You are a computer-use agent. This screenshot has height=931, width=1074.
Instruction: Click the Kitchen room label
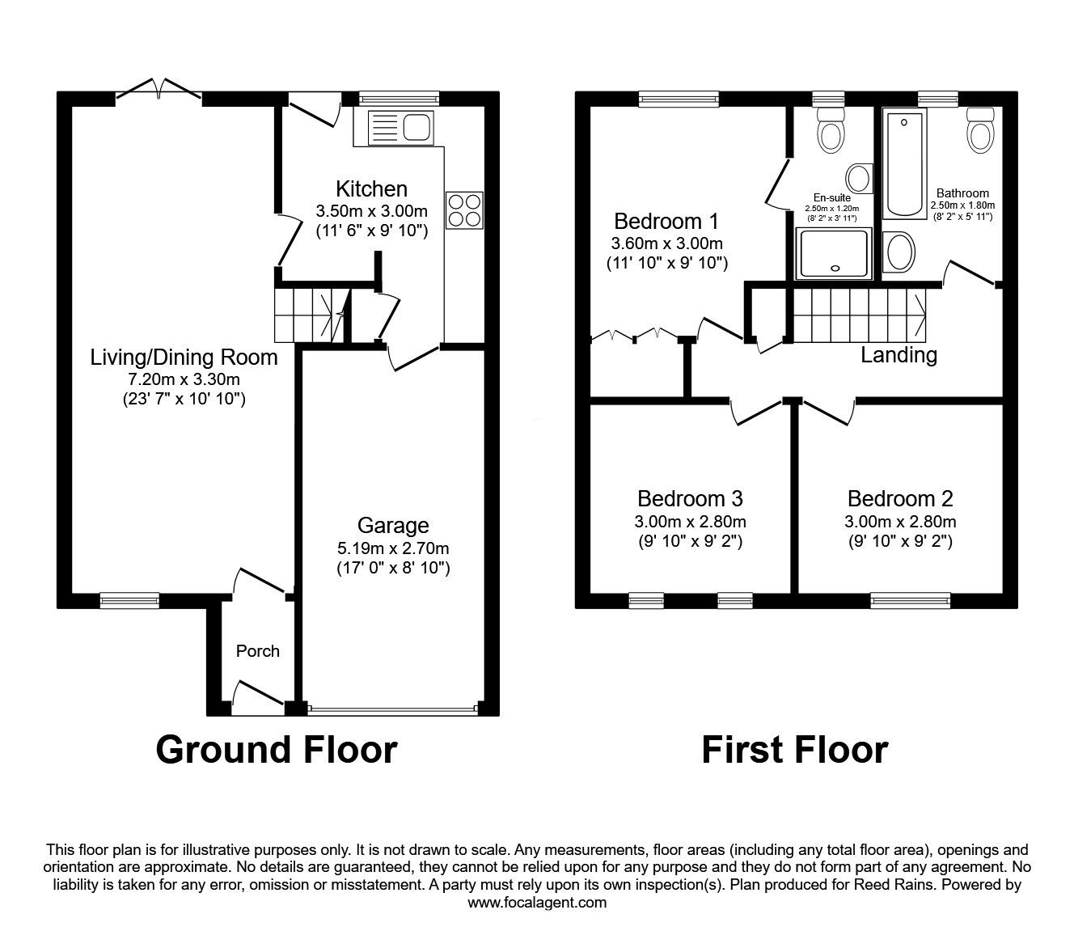[371, 188]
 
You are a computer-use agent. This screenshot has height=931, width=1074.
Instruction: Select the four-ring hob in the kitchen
[464, 210]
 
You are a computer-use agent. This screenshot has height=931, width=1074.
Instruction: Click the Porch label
[258, 651]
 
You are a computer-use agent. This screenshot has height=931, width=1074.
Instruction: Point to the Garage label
[393, 526]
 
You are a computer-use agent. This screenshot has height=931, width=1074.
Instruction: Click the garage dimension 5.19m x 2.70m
[393, 548]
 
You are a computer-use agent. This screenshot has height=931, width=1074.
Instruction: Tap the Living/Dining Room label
[184, 358]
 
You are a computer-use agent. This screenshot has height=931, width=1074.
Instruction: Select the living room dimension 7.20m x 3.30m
[184, 379]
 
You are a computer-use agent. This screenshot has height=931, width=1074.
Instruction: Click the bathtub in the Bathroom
[905, 163]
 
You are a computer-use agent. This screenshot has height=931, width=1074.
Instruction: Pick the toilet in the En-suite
[831, 129]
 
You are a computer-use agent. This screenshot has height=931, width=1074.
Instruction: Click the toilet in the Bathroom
[980, 129]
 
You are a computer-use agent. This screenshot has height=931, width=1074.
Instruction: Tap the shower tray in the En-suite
[834, 253]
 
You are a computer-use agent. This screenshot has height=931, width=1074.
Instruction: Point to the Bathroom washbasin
[899, 252]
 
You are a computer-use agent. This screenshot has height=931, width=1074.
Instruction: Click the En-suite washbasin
[860, 178]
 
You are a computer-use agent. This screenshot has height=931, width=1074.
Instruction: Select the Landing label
[899, 355]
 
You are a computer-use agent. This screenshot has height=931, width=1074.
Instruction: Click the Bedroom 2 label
[900, 498]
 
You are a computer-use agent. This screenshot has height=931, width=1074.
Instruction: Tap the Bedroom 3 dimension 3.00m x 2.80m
[690, 521]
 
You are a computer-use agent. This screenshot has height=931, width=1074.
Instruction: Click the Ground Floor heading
[277, 750]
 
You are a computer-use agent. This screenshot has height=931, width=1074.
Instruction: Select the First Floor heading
[795, 750]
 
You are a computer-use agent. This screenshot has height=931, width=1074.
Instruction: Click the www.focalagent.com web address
[537, 903]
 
